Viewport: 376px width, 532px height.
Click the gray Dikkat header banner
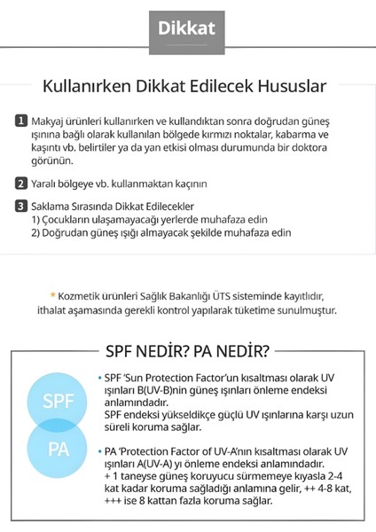pos(187,27)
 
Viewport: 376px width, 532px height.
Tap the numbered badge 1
pos(21,121)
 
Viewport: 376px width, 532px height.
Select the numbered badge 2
pos(21,184)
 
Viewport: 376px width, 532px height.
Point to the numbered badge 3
pos(21,207)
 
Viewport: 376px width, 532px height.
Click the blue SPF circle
pos(53,401)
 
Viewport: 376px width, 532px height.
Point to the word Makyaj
pos(51,121)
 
